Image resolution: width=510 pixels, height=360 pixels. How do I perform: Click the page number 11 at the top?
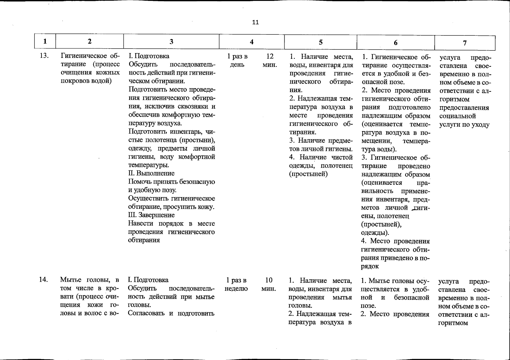tap(255, 22)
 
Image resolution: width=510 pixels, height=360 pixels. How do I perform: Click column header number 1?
tap(45, 41)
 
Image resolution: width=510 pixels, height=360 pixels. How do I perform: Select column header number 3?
tap(171, 42)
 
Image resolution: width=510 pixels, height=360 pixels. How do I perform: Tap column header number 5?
tap(321, 42)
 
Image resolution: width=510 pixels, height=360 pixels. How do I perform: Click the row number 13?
tap(44, 56)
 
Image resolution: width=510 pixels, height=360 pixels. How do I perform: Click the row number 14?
tap(44, 280)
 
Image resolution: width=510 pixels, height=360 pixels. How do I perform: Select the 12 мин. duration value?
tap(270, 61)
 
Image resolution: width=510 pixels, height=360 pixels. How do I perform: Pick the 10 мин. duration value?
tap(269, 284)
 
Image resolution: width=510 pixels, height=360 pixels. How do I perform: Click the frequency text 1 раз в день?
tap(237, 61)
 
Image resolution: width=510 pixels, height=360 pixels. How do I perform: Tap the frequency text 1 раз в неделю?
tap(236, 284)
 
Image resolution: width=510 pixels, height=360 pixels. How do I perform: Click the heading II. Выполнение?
tap(151, 173)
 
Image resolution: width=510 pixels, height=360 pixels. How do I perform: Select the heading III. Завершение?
tap(151, 215)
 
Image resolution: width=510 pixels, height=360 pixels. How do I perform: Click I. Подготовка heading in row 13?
tap(149, 56)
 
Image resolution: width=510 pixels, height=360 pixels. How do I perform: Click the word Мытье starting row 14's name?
tap(71, 280)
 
